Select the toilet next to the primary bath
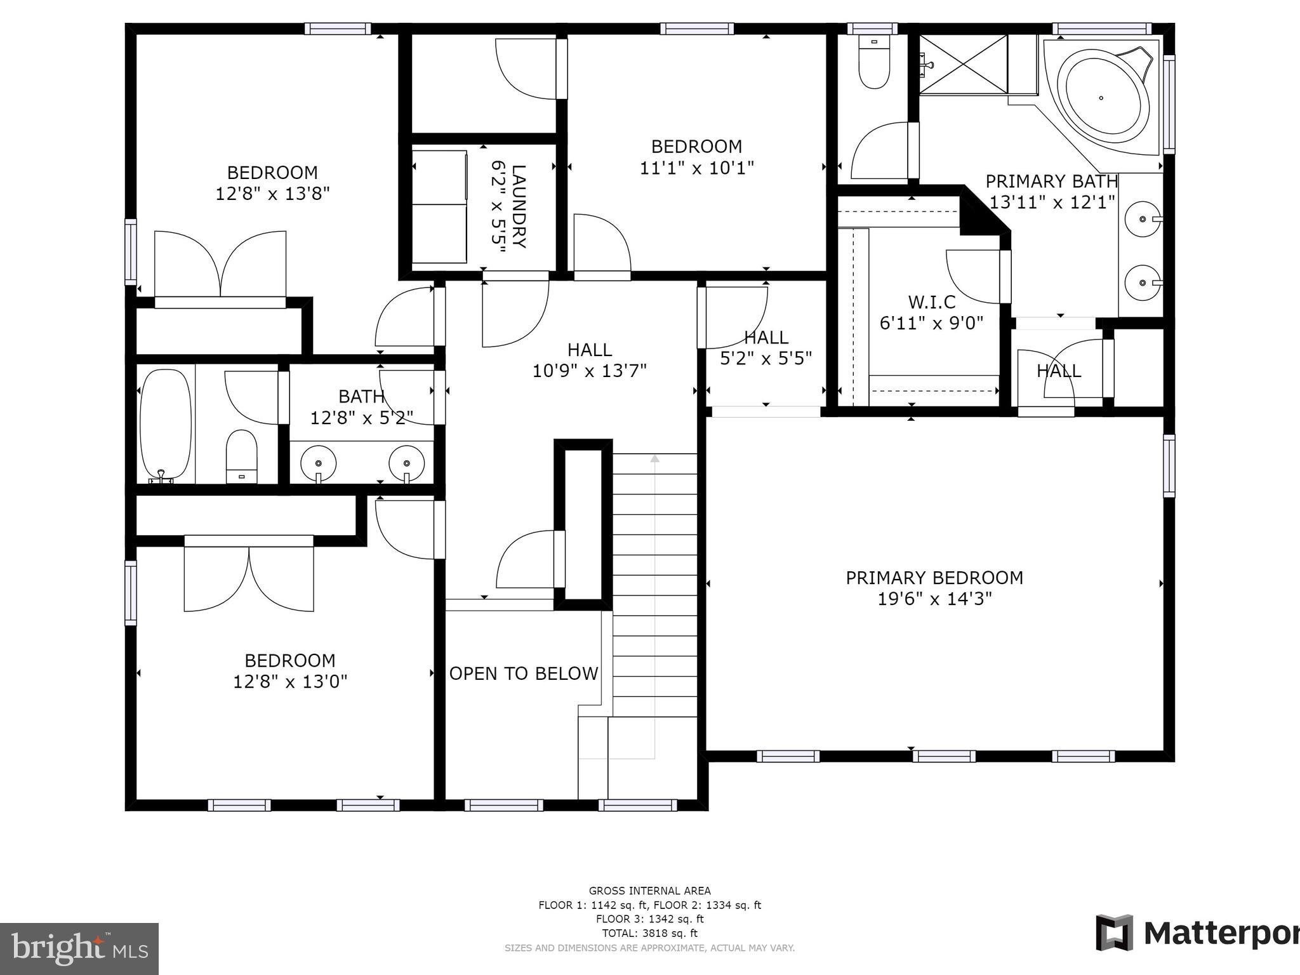pyautogui.click(x=874, y=63)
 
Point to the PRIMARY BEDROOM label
pyautogui.click(x=934, y=578)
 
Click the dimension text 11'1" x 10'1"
pyautogui.click(x=696, y=168)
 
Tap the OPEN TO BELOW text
pyautogui.click(x=524, y=673)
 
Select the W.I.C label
pyautogui.click(x=931, y=302)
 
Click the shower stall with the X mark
pyautogui.click(x=963, y=64)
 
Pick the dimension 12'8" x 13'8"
pyautogui.click(x=272, y=194)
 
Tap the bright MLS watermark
pyautogui.click(x=79, y=949)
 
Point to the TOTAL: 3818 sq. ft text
pyautogui.click(x=649, y=933)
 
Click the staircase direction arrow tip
pyautogui.click(x=654, y=456)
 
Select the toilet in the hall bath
pyautogui.click(x=241, y=456)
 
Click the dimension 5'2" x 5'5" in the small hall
pyautogui.click(x=766, y=359)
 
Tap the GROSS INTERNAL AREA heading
pyautogui.click(x=649, y=891)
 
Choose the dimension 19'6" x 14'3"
pyautogui.click(x=934, y=599)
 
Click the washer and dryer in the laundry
pyautogui.click(x=439, y=206)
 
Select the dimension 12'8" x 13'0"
pyautogui.click(x=290, y=682)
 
